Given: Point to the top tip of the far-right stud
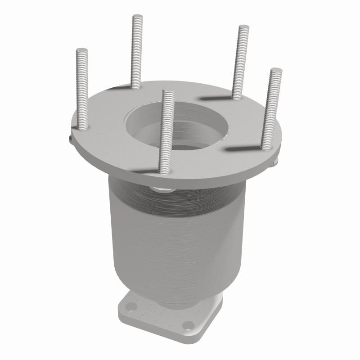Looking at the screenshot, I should click(x=276, y=71).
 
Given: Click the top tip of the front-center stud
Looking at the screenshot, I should click(x=168, y=93).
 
